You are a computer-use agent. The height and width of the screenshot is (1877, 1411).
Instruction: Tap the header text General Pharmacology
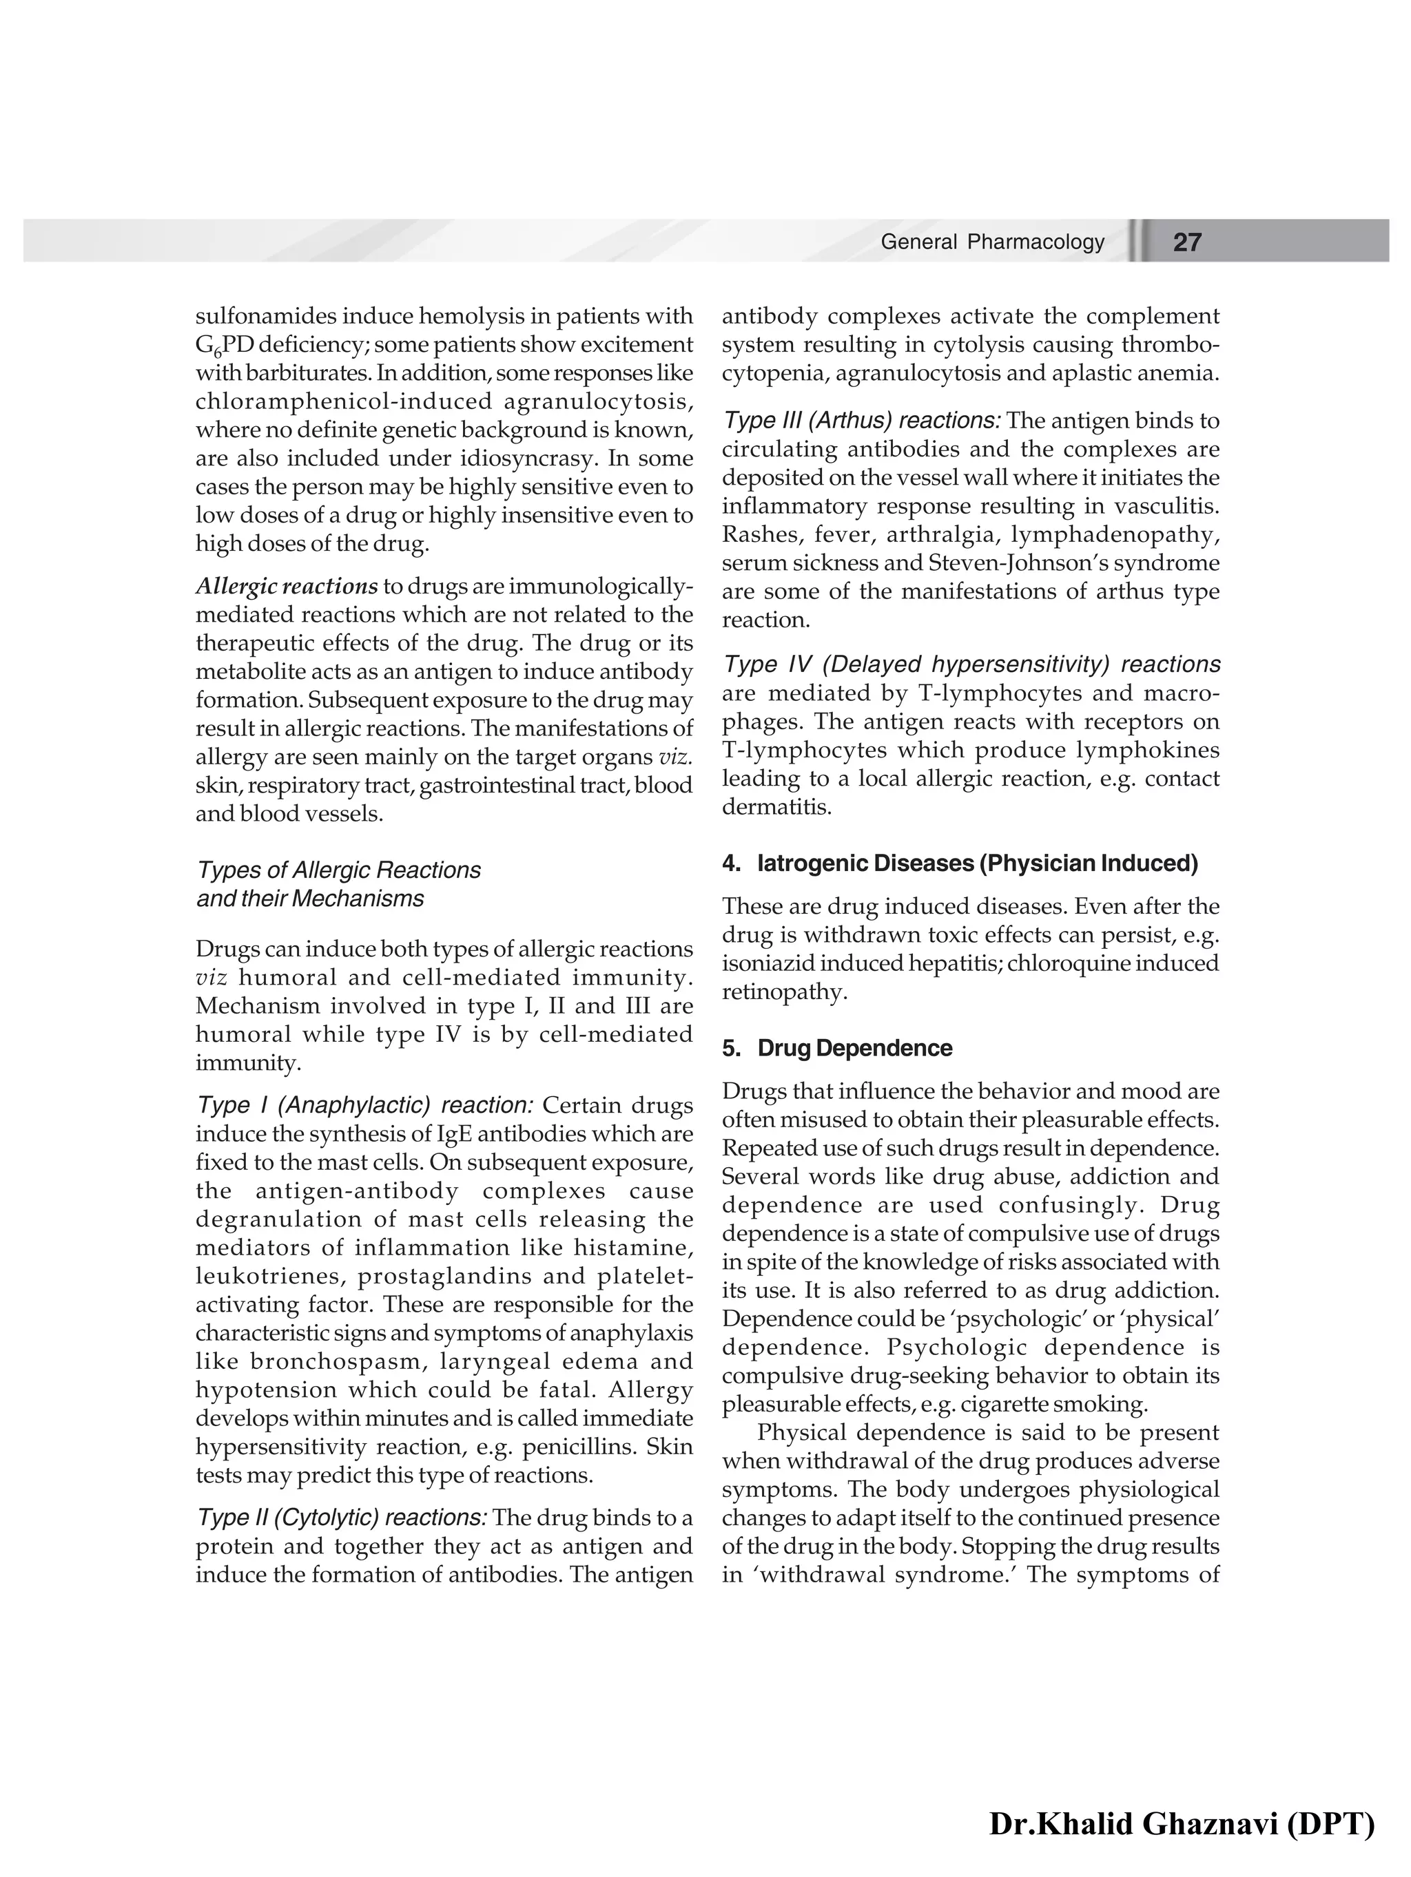991,242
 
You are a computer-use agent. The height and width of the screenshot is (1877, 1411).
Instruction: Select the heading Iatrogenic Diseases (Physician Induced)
976,864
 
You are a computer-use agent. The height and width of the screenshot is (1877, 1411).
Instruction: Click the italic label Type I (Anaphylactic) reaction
363,1106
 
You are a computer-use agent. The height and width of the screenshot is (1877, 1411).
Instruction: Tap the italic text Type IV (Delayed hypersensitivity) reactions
970,664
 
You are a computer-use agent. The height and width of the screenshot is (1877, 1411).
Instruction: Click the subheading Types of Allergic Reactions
338,870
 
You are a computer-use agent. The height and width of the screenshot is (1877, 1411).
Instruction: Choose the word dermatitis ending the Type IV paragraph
774,807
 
